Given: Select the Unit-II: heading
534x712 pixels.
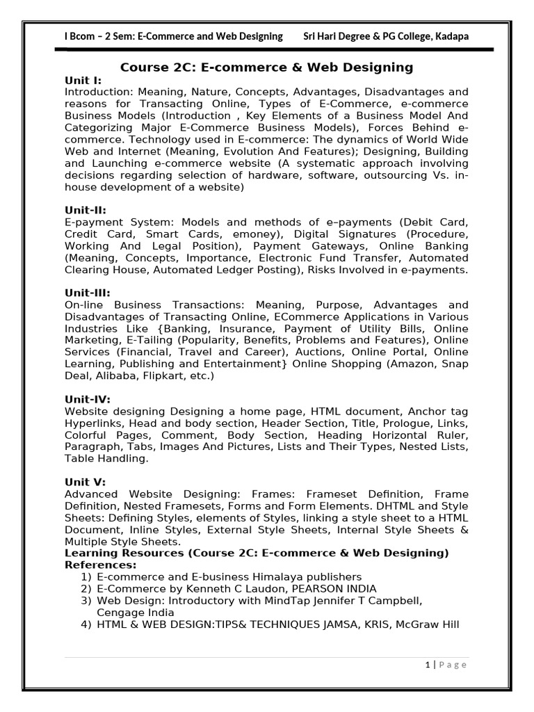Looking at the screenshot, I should pyautogui.click(x=86, y=210).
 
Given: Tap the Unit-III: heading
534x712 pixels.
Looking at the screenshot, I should pyautogui.click(x=88, y=293).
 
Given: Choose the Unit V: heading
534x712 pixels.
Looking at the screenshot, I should pyautogui.click(x=85, y=482).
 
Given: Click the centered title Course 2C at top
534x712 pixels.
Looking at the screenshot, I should pyautogui.click(x=267, y=67).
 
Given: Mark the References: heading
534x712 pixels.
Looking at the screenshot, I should pyautogui.click(x=100, y=565).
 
